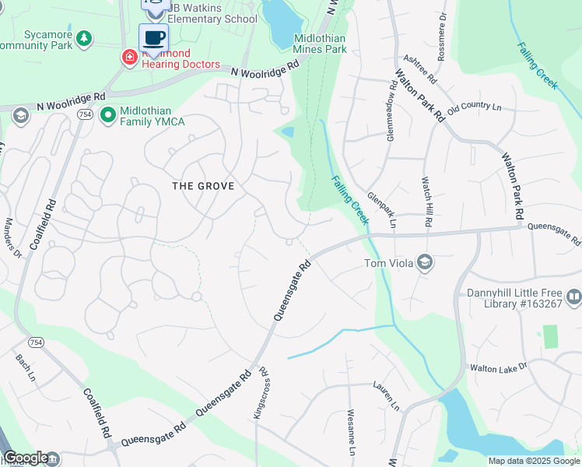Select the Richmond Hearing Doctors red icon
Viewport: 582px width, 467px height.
coord(129,57)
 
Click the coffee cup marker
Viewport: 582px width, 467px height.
coord(153,37)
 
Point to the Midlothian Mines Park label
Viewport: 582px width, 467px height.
coord(320,43)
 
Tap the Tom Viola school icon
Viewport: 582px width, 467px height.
coord(424,262)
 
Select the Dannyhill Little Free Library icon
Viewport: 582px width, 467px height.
coord(573,297)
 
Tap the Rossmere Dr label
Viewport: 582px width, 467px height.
coord(442,27)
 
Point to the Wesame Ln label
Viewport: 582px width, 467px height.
coord(351,432)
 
